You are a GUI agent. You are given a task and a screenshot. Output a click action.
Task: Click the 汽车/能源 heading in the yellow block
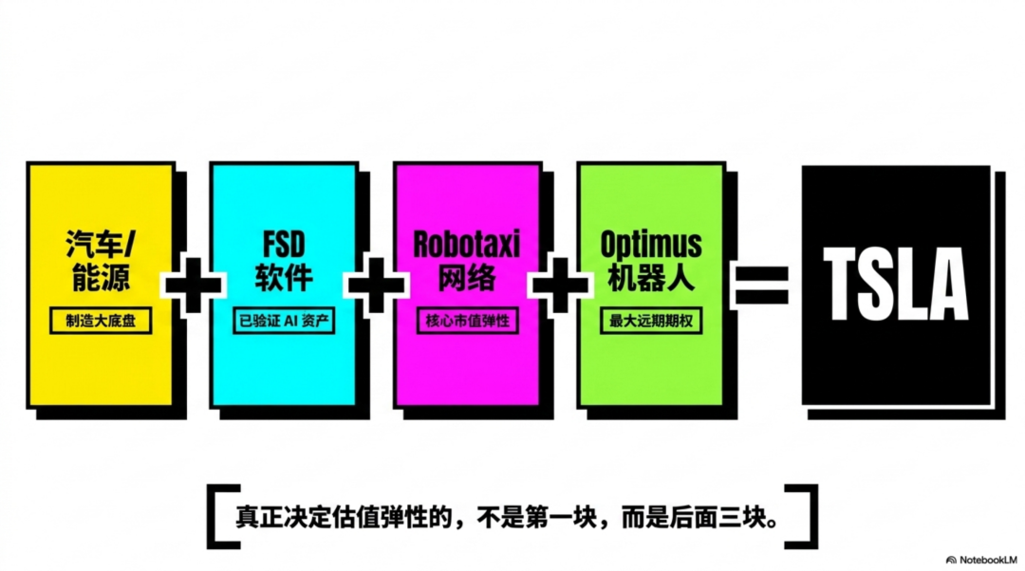point(100,262)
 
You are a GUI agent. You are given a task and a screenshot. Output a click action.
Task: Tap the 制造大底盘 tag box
point(101,321)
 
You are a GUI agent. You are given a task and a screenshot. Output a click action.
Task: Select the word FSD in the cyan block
point(284,244)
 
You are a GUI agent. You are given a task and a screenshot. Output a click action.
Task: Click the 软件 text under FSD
point(284,279)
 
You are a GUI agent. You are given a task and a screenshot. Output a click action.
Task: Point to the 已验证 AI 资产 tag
point(284,321)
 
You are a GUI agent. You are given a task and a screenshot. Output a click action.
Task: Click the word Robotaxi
point(467,244)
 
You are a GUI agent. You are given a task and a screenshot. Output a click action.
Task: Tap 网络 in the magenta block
point(467,279)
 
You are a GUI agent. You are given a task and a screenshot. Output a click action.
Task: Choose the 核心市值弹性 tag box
point(467,321)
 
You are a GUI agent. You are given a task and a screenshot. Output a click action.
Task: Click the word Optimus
point(651,244)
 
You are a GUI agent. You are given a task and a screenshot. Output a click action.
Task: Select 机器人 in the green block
point(651,279)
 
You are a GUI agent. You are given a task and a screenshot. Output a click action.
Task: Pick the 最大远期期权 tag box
point(651,321)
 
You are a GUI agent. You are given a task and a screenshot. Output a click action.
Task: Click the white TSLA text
point(896,284)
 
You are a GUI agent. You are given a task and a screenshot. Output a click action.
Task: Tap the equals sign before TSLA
point(762,285)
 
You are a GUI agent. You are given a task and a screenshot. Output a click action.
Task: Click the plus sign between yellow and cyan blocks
point(193,284)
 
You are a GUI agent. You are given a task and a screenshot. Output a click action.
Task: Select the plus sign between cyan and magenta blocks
point(376,284)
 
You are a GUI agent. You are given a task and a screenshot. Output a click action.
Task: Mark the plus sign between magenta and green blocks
point(560,284)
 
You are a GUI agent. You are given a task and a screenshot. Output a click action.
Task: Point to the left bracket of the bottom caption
point(219,518)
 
